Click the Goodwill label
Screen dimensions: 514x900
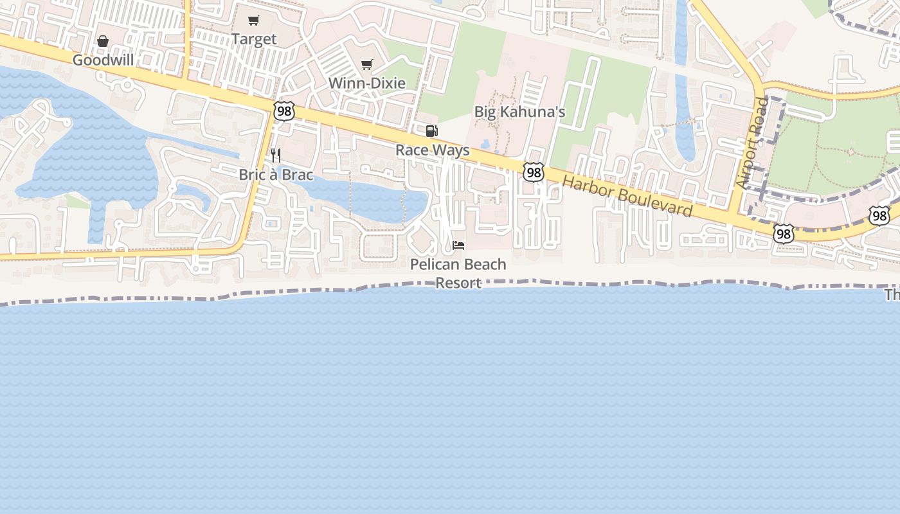pos(103,60)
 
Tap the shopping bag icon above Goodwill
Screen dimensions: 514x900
pos(103,42)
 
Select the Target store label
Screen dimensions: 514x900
pos(254,39)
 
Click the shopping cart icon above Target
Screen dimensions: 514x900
pos(254,21)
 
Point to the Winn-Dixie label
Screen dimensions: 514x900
pos(366,83)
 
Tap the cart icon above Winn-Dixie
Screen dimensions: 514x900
pos(367,64)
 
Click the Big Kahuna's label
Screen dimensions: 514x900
pos(519,112)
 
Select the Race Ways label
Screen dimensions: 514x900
pos(432,150)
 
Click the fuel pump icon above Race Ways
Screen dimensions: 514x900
pos(432,131)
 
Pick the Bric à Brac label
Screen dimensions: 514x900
pos(276,175)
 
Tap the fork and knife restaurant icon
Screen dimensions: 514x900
pos(276,155)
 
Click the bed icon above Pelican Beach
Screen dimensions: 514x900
pos(458,245)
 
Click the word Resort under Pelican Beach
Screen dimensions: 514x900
pos(458,283)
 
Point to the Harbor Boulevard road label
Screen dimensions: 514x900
pos(627,195)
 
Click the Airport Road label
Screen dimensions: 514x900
pos(753,143)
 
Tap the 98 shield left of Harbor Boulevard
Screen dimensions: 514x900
pos(534,172)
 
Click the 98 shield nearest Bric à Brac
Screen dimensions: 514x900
pos(283,111)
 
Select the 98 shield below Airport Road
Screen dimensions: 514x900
pos(783,234)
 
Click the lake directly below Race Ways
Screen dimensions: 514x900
pos(379,199)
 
